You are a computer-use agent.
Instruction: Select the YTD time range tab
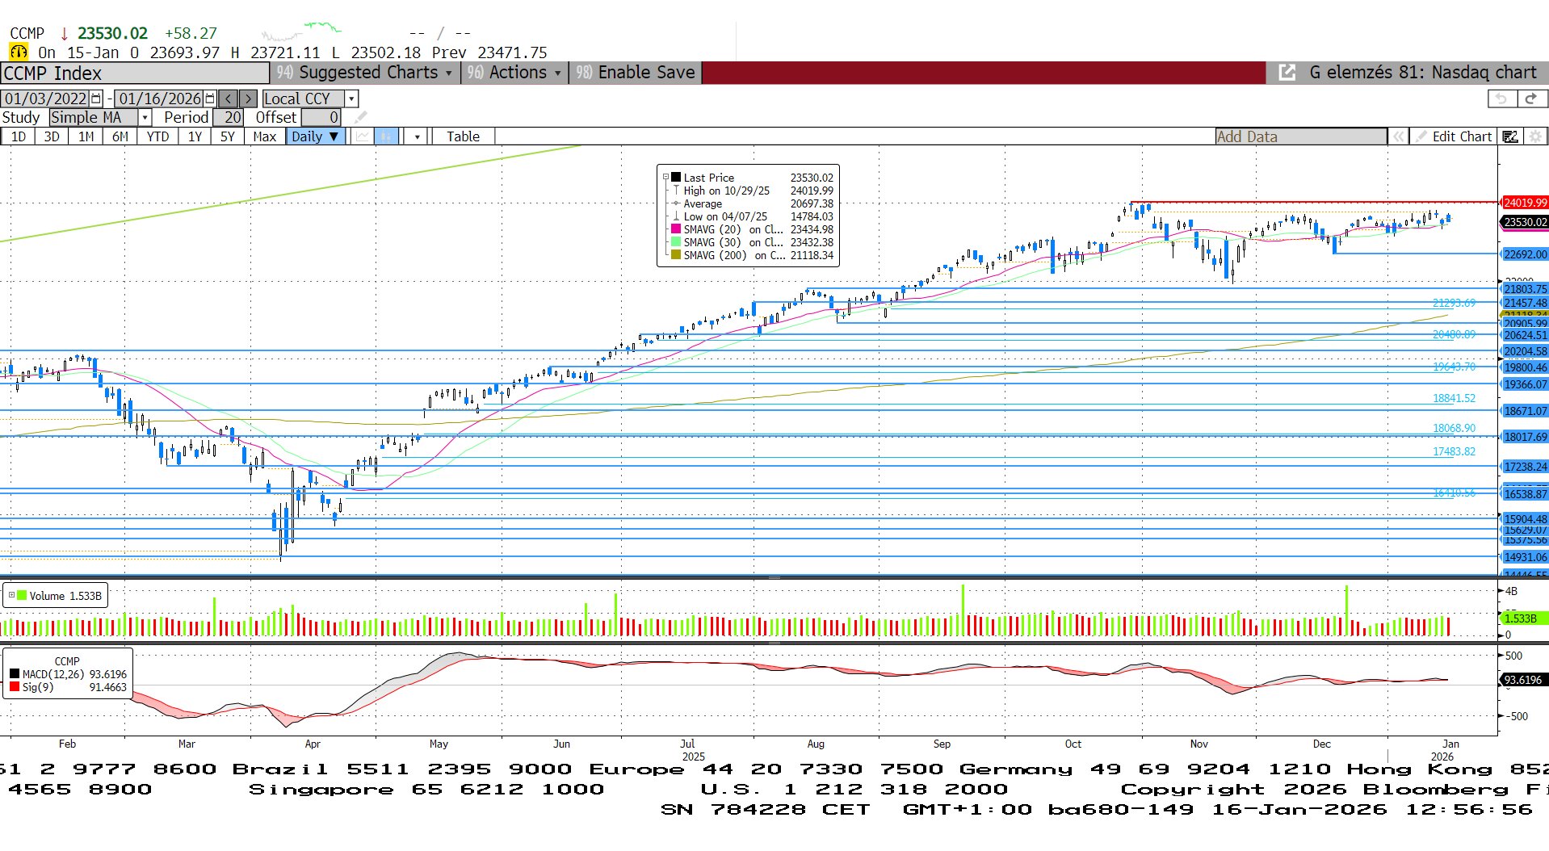click(157, 136)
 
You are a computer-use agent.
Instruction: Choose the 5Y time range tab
click(228, 136)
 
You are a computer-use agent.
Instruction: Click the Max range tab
click(264, 136)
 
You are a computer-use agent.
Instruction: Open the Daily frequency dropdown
click(315, 136)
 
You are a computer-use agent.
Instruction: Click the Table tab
click(463, 136)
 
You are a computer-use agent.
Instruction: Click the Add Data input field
click(1299, 136)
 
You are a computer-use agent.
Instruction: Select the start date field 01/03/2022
click(46, 99)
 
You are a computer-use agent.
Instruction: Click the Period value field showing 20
click(231, 117)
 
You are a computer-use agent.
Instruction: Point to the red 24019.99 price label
click(1525, 203)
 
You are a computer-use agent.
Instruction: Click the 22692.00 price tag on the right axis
click(1525, 254)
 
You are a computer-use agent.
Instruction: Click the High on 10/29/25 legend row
click(726, 191)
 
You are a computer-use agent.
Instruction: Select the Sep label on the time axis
click(942, 744)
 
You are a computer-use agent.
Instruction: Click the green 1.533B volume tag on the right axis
click(1522, 618)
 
